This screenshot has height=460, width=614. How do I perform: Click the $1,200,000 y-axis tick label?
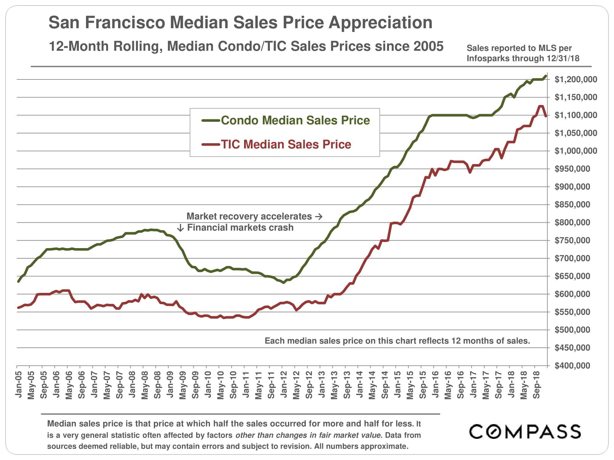576,79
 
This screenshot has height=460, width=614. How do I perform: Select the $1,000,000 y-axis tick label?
576,151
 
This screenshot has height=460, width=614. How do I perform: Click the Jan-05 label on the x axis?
19,385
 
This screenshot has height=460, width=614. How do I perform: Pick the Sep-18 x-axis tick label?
536,385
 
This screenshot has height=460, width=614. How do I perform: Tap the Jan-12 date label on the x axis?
284,385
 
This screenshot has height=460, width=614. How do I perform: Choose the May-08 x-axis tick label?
145,385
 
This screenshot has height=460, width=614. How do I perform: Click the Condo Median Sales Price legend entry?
295,121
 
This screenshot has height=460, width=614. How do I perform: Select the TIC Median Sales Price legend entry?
286,144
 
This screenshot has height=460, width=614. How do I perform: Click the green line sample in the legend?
211,121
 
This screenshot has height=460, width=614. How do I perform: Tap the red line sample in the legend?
211,144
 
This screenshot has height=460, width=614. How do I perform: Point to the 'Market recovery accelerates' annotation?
249,217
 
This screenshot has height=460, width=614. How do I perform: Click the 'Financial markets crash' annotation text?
240,228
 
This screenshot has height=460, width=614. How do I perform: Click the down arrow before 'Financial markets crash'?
181,228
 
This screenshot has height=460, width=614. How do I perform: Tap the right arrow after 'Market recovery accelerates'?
319,217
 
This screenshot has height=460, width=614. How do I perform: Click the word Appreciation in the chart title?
380,22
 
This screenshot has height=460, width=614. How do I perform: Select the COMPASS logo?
525,431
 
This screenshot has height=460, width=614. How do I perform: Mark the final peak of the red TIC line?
541,106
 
